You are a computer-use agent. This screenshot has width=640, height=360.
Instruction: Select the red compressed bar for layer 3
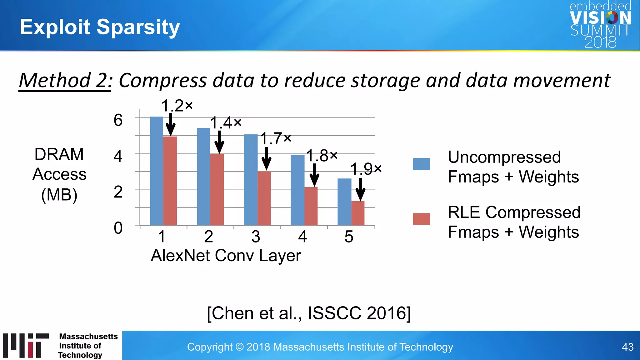[264, 198]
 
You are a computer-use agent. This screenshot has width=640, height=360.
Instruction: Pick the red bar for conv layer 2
[217, 189]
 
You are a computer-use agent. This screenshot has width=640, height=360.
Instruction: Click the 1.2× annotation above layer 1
[177, 106]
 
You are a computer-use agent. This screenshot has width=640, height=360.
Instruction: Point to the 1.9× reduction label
[366, 169]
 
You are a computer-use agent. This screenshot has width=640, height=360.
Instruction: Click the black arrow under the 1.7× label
[266, 158]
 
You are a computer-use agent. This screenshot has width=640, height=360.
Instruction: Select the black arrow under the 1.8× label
[314, 175]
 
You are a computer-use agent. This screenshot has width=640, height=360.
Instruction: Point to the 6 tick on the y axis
[118, 120]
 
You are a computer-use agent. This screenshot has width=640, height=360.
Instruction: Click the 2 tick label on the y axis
[118, 192]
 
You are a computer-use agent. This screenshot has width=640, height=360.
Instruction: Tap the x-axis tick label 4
[302, 237]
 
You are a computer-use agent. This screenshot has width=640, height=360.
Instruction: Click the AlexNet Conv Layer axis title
[226, 256]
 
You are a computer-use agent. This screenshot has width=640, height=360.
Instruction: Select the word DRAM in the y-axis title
[59, 154]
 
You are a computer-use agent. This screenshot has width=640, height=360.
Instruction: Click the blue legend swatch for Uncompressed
[421, 164]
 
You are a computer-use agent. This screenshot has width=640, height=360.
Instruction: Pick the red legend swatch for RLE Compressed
[421, 219]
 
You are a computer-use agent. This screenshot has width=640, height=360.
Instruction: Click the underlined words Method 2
[64, 80]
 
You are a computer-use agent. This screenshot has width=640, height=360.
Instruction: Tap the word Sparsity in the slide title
[138, 27]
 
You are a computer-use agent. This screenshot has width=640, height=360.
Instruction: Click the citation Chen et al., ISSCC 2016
[309, 313]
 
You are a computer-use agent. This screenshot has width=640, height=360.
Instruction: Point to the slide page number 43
[627, 347]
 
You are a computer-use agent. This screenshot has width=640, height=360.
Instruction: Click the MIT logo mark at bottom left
[26, 345]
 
